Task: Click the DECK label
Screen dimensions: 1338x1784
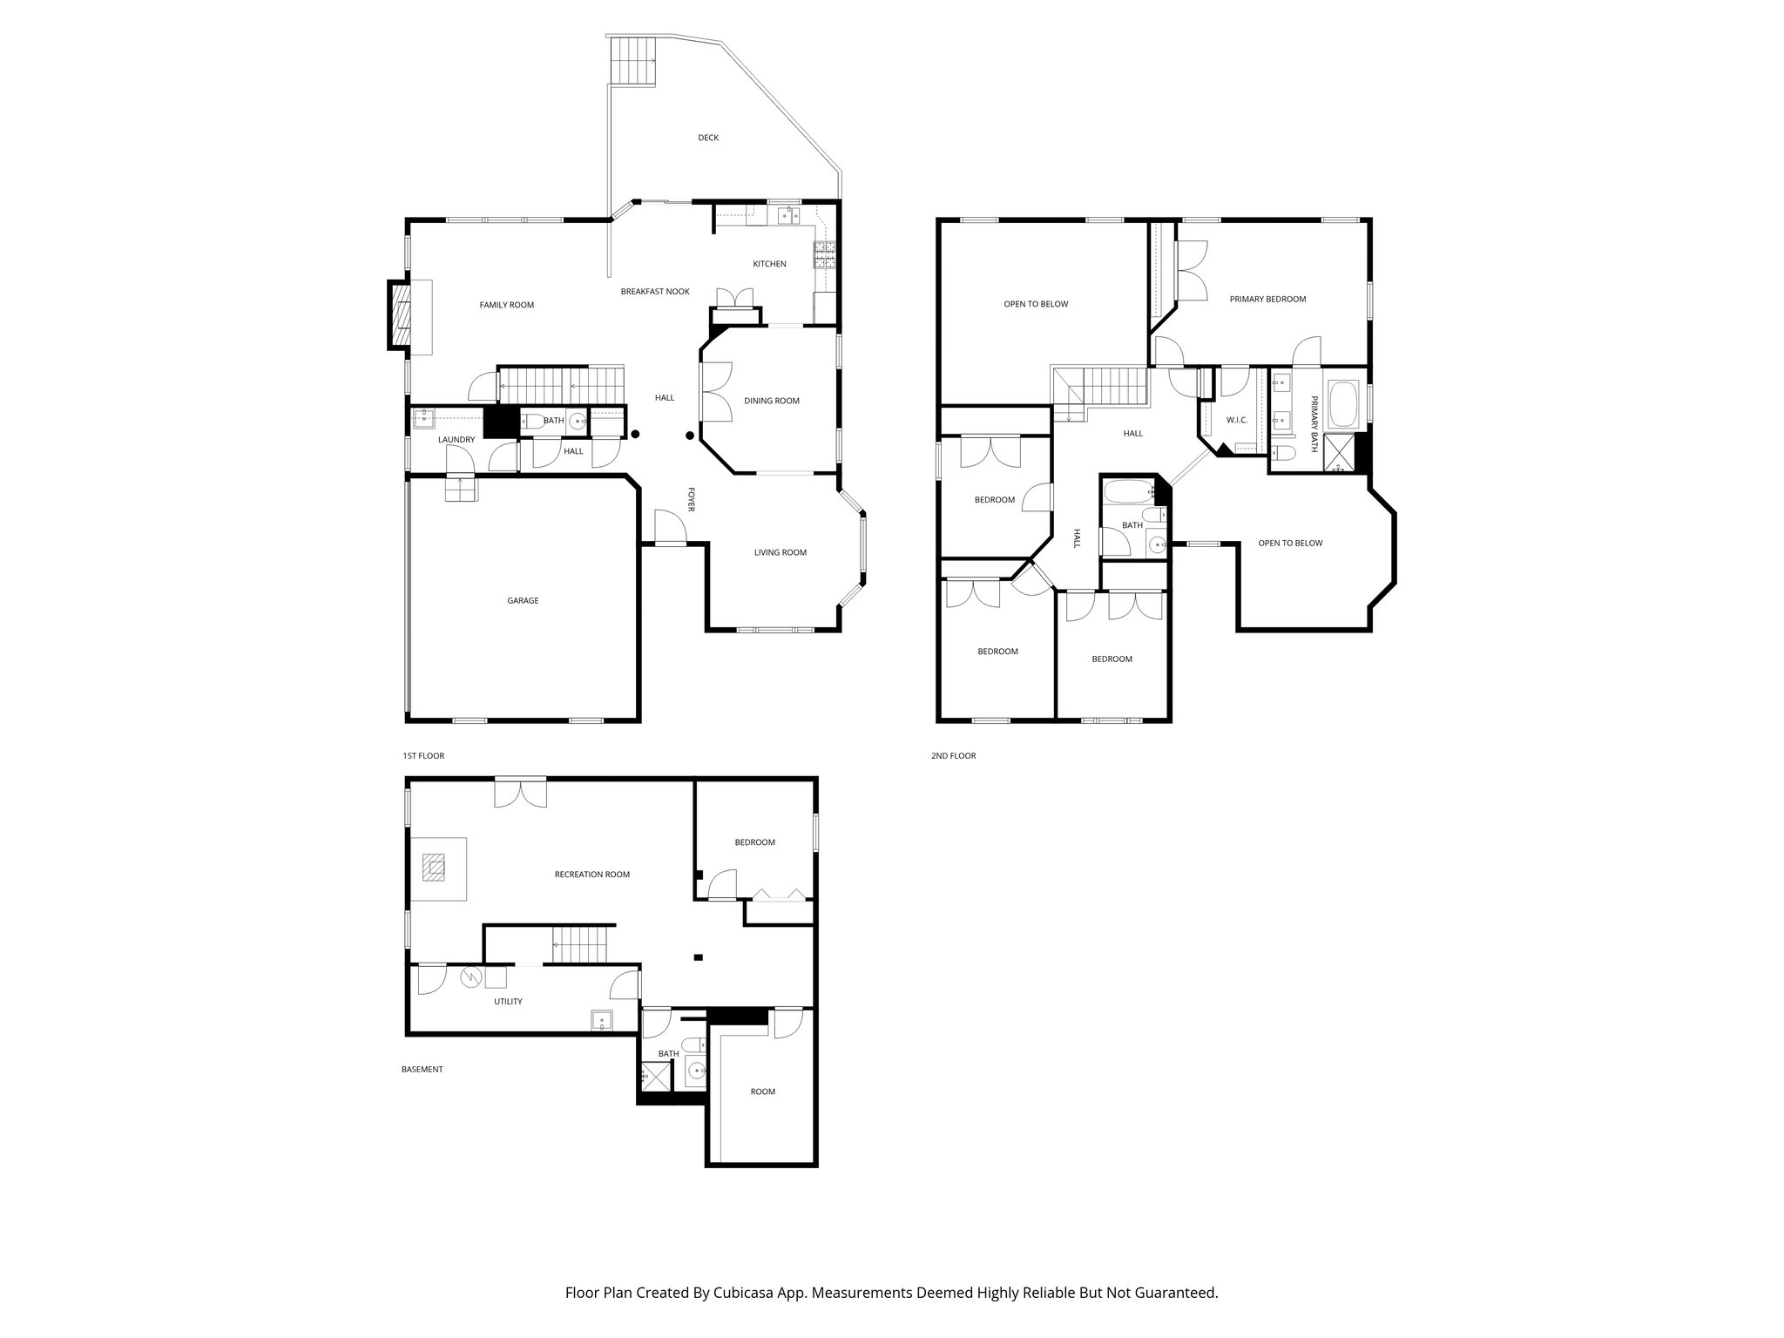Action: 707,138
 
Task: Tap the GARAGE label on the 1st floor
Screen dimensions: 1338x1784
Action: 523,600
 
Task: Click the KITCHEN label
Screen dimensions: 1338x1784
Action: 769,264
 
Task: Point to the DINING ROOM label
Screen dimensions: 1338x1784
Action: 771,401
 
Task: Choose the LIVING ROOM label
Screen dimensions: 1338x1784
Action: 780,552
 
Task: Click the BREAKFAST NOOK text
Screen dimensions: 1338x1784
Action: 654,292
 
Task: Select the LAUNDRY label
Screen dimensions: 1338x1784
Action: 456,440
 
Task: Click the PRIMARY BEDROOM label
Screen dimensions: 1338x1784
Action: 1267,299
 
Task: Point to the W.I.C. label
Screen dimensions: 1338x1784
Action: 1236,420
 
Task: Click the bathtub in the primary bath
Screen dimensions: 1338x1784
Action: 1345,404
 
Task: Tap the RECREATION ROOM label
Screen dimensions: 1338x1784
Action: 591,875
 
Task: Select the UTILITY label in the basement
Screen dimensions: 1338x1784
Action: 508,1002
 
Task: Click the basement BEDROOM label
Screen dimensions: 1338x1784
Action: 754,842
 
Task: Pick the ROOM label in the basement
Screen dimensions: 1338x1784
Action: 762,1091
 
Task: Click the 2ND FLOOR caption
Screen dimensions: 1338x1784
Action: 953,756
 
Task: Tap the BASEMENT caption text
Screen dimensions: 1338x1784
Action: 422,1070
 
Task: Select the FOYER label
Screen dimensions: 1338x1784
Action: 691,499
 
